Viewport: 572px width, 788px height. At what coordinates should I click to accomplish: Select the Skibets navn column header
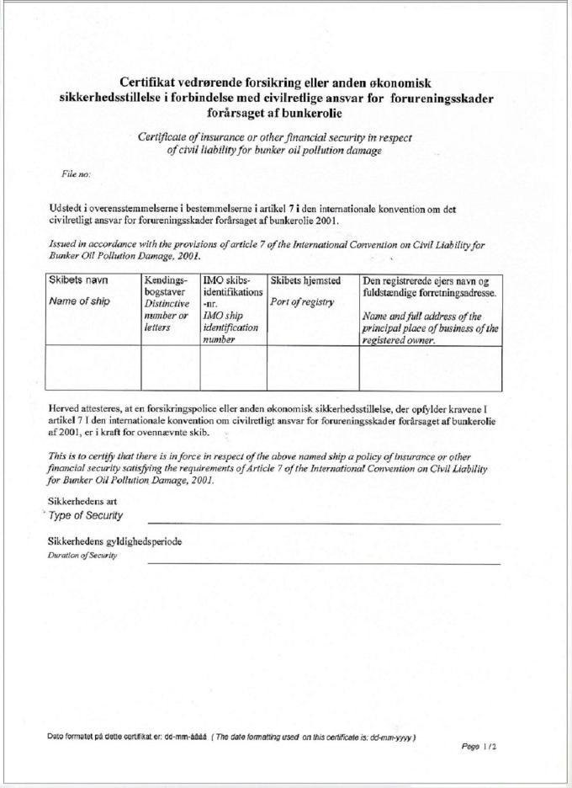point(76,280)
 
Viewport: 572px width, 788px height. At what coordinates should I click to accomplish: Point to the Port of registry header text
point(301,302)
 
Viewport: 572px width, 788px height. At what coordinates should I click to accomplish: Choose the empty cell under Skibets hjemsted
point(313,369)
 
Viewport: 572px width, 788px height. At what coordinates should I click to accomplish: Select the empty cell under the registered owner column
point(431,369)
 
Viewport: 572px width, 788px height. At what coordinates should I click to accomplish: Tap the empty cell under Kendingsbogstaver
point(171,369)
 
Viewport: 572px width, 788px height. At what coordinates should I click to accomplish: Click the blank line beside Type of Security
point(324,522)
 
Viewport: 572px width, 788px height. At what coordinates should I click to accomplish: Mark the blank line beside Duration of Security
point(324,562)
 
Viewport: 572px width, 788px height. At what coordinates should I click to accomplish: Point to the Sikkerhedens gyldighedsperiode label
point(115,540)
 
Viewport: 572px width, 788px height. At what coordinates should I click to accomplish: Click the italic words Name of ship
point(79,301)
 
